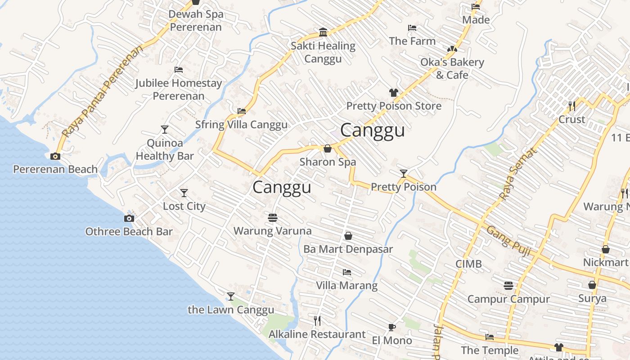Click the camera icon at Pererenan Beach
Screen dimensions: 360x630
coord(55,156)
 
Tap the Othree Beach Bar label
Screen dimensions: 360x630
coord(129,231)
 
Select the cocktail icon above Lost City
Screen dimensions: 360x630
coord(184,193)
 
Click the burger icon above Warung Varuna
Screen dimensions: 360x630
coord(272,218)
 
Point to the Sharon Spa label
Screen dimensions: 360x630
coord(328,162)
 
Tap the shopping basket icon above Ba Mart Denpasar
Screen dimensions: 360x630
coord(348,236)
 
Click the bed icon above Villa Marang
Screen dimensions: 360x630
coord(346,272)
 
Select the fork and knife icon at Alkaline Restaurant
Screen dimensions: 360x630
coord(317,320)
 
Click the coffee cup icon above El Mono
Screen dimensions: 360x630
coord(391,327)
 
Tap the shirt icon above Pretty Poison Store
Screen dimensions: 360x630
coord(394,93)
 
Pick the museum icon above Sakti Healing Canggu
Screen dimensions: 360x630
coord(323,32)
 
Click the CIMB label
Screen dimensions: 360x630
coord(468,264)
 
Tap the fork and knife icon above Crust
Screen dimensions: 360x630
coord(572,106)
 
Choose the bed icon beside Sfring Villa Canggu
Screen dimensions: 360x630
coord(242,111)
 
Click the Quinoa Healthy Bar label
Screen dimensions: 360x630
coord(165,150)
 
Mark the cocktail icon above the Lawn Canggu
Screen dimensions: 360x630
coord(231,296)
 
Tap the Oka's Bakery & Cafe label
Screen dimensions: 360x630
coord(452,68)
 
